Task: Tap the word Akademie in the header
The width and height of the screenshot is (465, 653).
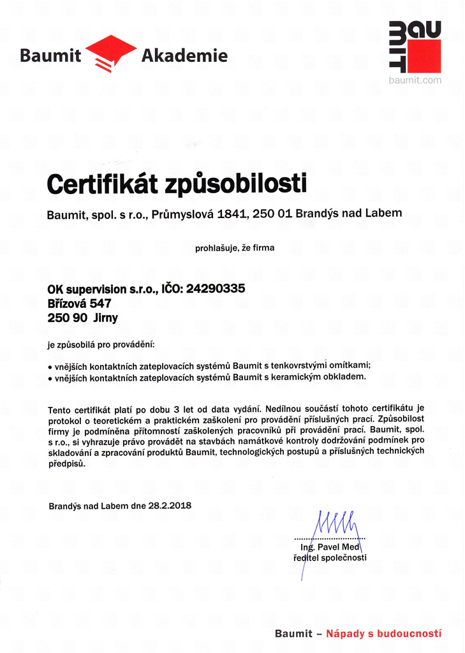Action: pos(184,56)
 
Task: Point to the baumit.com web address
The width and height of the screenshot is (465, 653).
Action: pos(415,80)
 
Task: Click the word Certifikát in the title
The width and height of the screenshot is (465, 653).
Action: pos(103,185)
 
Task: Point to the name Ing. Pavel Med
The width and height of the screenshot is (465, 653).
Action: pos(330,548)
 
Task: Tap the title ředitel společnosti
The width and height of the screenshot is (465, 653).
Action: pos(330,558)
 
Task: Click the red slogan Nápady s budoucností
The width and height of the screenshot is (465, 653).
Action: pos(383,634)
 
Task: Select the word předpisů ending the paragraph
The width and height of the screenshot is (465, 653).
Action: pos(66,465)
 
